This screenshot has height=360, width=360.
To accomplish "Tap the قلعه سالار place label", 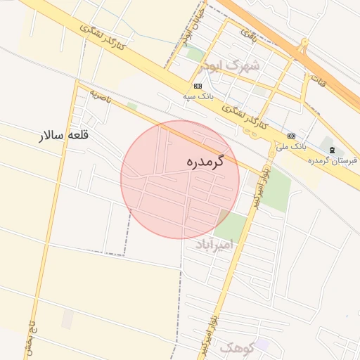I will tap(65, 135).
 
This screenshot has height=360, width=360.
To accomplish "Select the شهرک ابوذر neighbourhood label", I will tap(229, 66).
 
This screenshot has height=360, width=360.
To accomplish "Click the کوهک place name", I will tap(236, 347).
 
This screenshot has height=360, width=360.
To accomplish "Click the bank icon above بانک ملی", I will tap(291, 136).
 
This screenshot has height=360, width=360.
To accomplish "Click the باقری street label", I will tap(249, 32).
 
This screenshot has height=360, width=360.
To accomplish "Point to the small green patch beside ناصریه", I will tap(132, 106).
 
